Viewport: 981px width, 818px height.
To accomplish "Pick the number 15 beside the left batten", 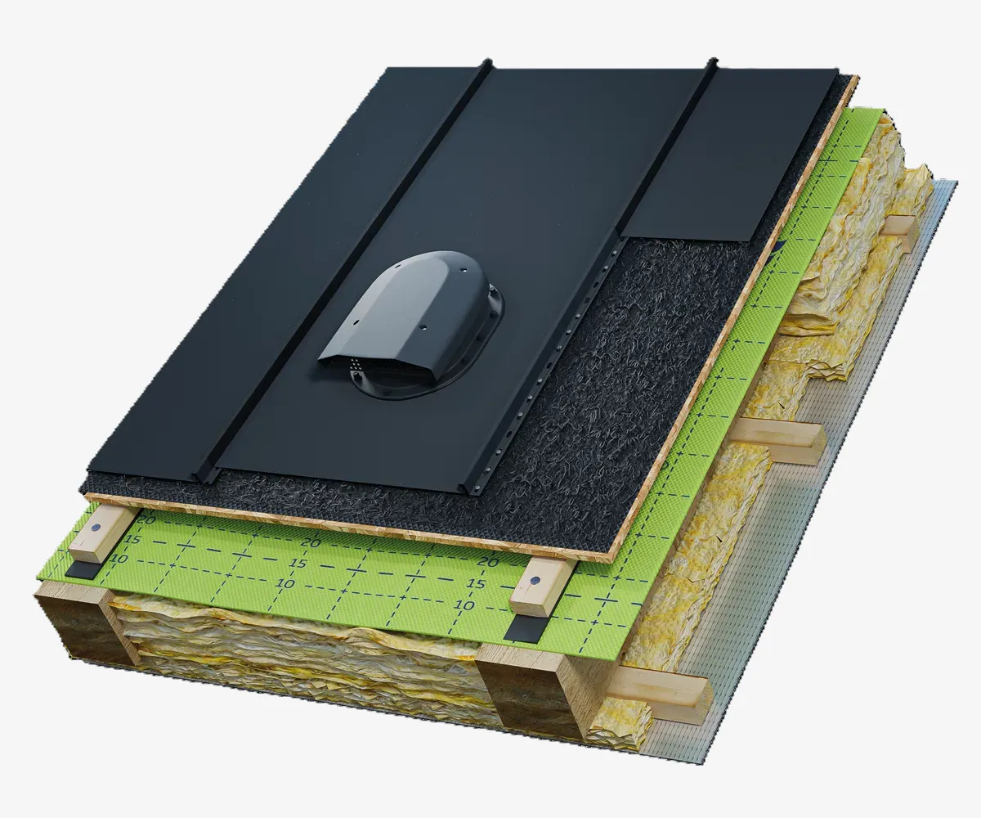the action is point(133,540).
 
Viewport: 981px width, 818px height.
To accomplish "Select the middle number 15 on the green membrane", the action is point(299,563).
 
